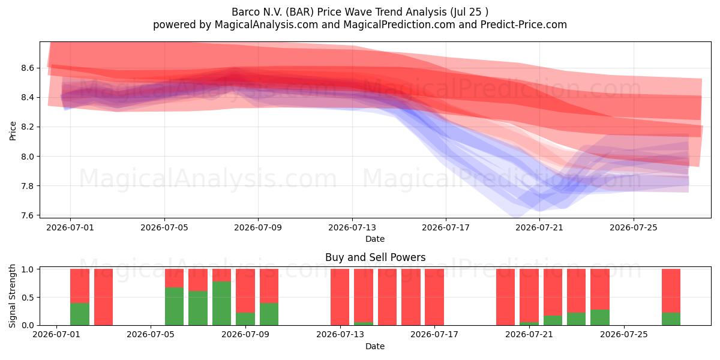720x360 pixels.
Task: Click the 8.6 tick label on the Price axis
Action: pos(28,68)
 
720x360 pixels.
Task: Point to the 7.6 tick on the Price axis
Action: pos(28,215)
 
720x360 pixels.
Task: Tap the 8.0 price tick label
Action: pos(28,157)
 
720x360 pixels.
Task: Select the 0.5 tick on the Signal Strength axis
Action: pos(28,298)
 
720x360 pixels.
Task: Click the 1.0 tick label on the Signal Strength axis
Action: pos(28,269)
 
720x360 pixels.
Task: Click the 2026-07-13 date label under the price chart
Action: pos(352,227)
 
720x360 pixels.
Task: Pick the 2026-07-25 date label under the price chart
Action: pos(634,227)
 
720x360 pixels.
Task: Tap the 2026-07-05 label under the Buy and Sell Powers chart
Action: pos(151,334)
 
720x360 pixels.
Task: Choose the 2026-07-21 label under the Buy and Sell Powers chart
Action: pos(529,334)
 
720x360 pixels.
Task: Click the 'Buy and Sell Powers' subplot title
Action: pos(375,257)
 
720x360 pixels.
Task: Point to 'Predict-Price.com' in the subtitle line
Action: pos(524,25)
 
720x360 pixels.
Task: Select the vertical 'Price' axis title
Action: pos(13,131)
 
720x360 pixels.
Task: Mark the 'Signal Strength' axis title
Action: pos(12,296)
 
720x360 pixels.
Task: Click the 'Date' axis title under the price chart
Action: pos(375,239)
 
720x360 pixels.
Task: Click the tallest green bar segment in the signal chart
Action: pos(221,303)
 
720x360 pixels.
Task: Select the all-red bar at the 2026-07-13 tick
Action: pos(340,297)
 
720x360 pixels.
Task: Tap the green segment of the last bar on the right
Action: pos(671,319)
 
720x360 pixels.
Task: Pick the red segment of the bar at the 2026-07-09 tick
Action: pos(245,290)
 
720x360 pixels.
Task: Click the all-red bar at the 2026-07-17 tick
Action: pos(434,297)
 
